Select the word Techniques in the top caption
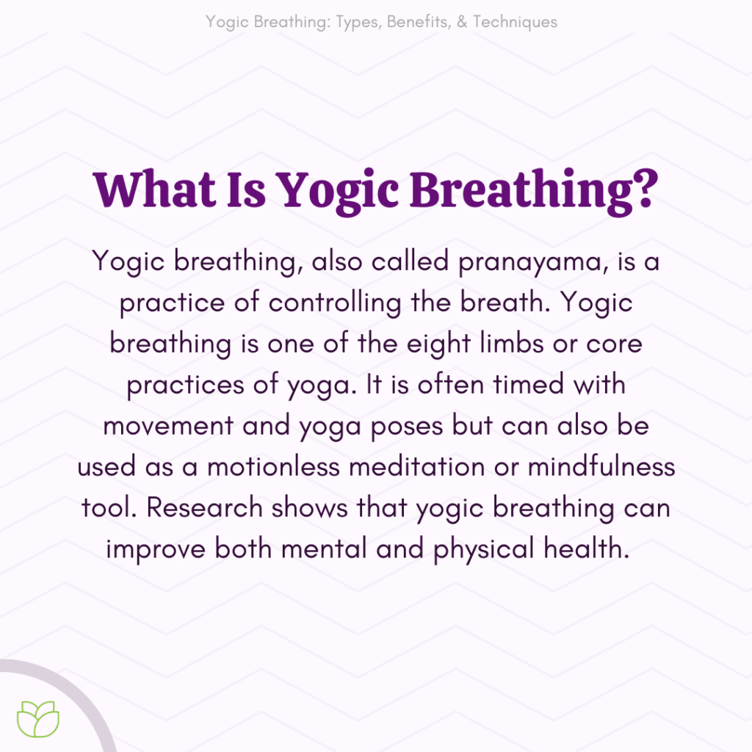[x=515, y=21]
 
